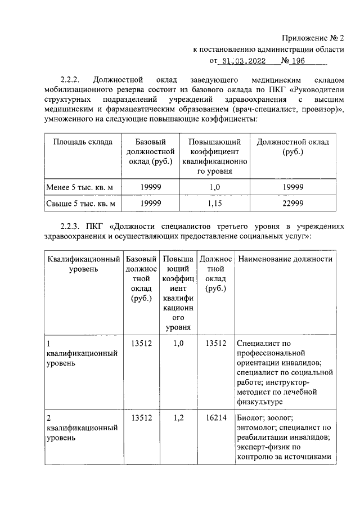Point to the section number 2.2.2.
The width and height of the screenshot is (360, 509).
(x=72, y=78)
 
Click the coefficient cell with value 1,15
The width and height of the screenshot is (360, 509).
(x=215, y=204)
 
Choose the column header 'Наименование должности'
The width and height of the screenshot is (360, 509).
(x=285, y=259)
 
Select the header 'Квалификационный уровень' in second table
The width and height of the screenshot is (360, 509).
(x=83, y=264)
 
